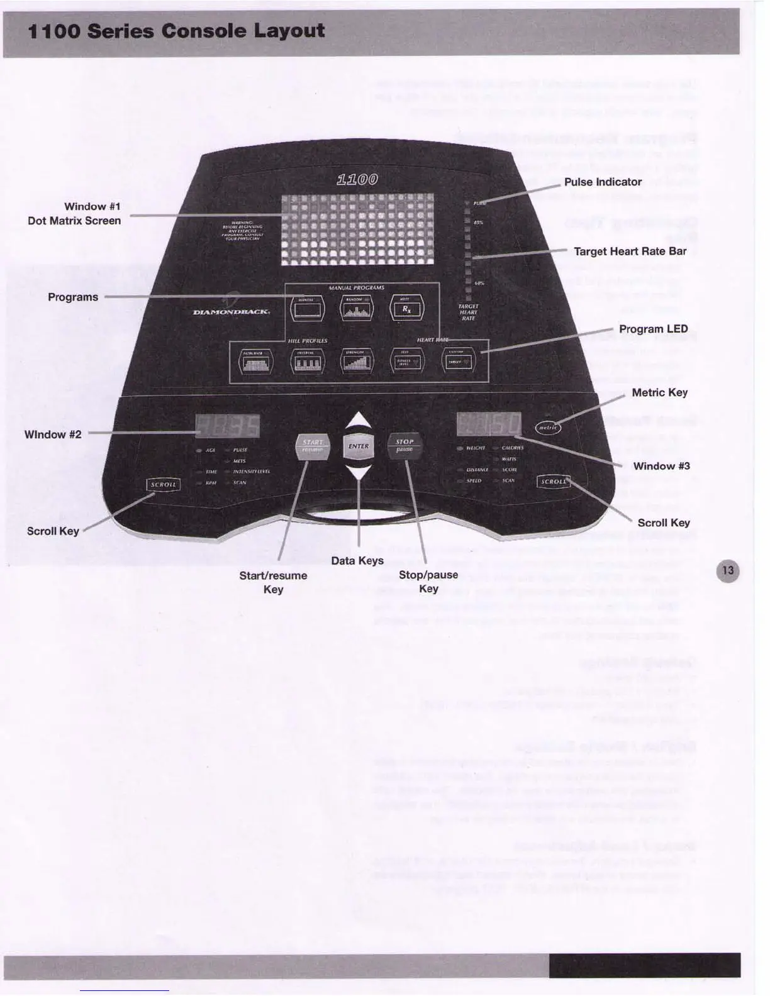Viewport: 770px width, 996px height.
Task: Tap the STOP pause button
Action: coord(405,445)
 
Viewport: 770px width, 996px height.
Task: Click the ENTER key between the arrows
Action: coord(359,446)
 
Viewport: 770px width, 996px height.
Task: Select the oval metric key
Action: coord(548,428)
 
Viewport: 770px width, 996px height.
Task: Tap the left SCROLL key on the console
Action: coord(164,485)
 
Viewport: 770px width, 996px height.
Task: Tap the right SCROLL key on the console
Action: coord(554,482)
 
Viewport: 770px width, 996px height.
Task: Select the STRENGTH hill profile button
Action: coord(357,362)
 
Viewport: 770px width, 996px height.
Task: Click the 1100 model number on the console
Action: coord(357,180)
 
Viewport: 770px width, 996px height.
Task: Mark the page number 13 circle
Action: coord(728,571)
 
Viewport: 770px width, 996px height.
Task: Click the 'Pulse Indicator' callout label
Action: coord(603,182)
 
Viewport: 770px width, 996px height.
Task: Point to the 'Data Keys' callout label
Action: coord(357,560)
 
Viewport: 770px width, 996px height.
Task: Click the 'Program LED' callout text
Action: coord(653,329)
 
